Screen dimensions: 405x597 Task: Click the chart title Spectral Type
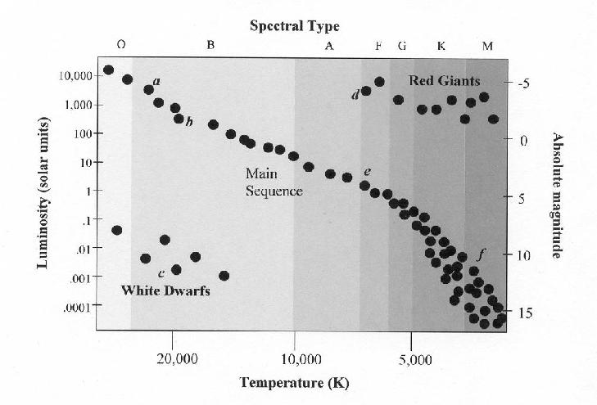(295, 27)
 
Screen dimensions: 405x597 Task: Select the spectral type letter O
(120, 47)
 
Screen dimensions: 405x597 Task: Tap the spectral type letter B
(210, 47)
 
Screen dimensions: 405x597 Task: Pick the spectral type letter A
(329, 47)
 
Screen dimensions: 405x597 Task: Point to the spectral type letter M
(487, 47)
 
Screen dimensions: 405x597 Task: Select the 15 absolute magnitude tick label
(526, 313)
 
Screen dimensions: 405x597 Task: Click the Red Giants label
(444, 80)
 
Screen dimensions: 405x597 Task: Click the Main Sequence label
(274, 182)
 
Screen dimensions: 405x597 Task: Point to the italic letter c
(162, 272)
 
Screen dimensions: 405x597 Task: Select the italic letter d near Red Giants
(355, 96)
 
